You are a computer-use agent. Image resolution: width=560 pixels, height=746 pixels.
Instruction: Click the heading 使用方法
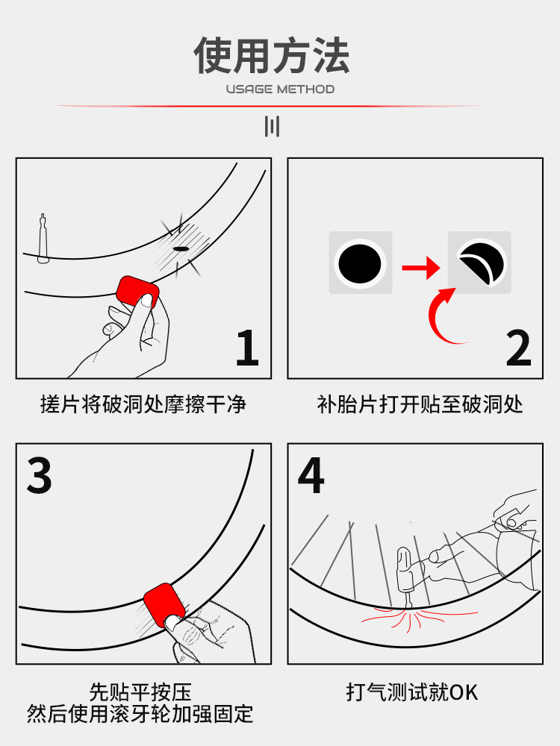coord(272,56)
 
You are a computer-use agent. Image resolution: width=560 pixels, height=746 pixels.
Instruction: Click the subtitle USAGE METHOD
coord(280,89)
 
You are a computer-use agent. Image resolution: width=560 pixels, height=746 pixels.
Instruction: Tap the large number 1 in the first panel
coord(247,348)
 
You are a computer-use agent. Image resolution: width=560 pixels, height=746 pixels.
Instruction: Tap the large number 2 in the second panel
coord(518,348)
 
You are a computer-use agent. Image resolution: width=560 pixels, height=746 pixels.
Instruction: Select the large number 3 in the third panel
coord(39,474)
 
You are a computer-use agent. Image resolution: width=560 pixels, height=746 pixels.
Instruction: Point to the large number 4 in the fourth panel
coord(311,474)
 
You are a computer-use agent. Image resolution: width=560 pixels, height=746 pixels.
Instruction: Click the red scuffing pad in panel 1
coord(137,292)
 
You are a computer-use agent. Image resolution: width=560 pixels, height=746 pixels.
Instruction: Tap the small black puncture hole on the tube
coord(181,249)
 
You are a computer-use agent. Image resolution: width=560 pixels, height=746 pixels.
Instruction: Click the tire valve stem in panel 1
coord(43,239)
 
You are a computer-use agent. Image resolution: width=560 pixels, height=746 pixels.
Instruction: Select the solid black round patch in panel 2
coord(360,263)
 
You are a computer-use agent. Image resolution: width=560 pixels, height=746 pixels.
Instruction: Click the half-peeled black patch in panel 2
coord(482,263)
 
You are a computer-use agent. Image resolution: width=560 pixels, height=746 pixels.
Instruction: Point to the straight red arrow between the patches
coord(421,267)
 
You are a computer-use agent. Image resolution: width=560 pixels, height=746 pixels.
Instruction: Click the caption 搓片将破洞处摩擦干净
coord(143,404)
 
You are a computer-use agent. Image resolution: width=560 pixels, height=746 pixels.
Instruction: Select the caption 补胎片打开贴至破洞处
coord(420,404)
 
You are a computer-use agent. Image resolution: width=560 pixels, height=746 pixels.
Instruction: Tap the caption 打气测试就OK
coord(412,692)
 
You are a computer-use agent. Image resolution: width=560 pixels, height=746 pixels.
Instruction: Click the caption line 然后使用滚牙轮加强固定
coord(140,714)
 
